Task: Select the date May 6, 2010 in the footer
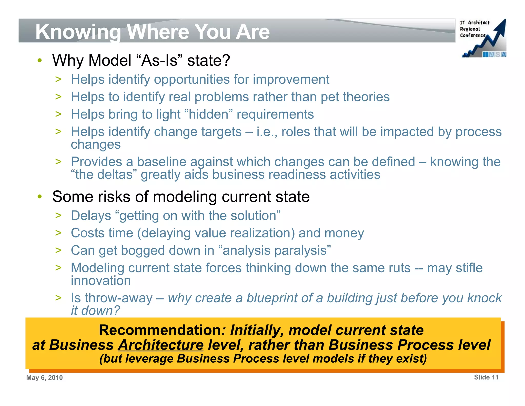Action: point(44,378)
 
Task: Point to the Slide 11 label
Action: point(486,377)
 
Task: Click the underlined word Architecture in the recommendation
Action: point(161,345)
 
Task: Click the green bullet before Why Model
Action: point(39,61)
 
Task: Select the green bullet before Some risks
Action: point(39,197)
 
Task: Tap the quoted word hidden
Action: point(208,114)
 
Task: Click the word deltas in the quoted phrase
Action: point(115,175)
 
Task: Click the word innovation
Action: point(101,281)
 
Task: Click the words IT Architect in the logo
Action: point(474,23)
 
